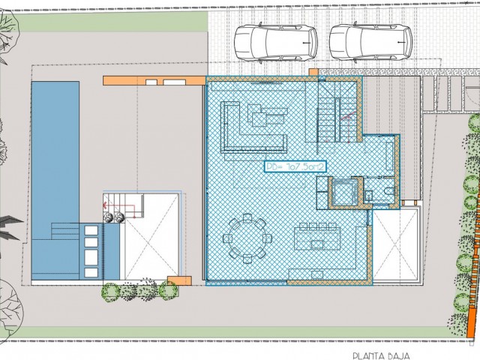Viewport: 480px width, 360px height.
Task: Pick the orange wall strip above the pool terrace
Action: point(154,80)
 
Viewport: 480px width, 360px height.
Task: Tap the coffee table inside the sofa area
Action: point(268,118)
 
